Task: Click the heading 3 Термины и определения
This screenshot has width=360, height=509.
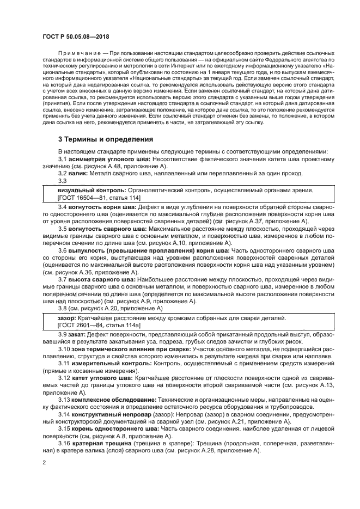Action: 106,139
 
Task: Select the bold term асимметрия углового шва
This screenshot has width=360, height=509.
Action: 110,158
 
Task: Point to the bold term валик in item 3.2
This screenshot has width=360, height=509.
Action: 78,173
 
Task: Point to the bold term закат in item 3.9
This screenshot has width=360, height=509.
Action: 78,334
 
